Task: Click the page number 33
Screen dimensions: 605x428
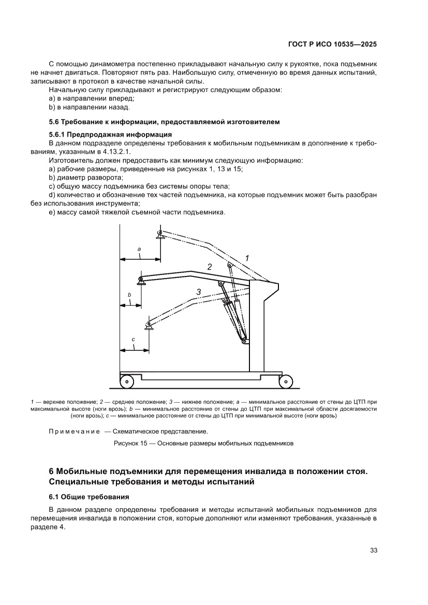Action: [x=373, y=550]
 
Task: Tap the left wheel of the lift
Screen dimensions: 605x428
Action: [x=126, y=382]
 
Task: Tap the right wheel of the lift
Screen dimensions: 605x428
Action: [x=285, y=382]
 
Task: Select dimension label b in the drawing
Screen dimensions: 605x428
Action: [x=129, y=295]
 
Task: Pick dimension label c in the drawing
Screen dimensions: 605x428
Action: [x=133, y=340]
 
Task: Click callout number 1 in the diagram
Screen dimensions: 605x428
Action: [x=247, y=258]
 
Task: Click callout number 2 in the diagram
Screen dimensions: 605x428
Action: [x=210, y=268]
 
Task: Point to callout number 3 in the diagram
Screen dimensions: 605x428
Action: [x=198, y=292]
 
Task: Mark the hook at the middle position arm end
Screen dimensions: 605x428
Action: [x=141, y=281]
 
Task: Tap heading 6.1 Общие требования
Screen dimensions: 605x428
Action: [x=88, y=497]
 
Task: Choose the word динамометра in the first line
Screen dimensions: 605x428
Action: [x=107, y=64]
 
